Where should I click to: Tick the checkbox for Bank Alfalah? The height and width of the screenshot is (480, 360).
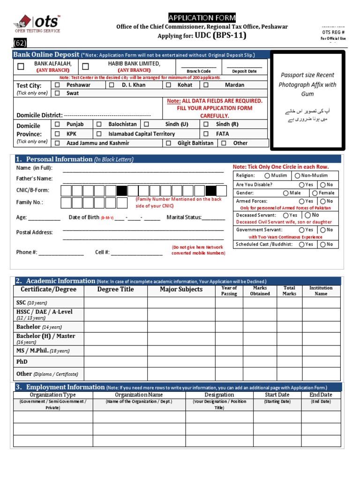point(21,67)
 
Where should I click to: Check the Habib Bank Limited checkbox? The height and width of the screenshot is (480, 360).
point(85,67)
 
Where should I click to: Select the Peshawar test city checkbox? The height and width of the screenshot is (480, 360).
point(57,85)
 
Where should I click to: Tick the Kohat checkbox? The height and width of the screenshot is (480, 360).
point(168,85)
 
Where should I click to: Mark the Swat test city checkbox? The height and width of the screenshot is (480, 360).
point(57,93)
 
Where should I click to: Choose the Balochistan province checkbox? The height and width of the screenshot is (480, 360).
point(99,124)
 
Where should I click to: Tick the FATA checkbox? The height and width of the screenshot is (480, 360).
point(206,134)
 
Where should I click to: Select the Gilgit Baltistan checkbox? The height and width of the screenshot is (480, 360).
point(168,143)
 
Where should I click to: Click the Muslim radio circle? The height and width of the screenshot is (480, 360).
point(267,175)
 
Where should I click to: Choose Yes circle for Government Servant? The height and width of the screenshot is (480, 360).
point(301,230)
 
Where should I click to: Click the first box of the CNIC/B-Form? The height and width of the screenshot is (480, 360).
point(65,190)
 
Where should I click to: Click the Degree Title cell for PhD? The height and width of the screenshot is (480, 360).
point(115,362)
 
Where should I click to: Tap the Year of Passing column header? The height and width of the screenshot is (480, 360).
point(229,291)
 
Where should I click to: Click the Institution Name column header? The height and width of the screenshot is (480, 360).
point(321,291)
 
